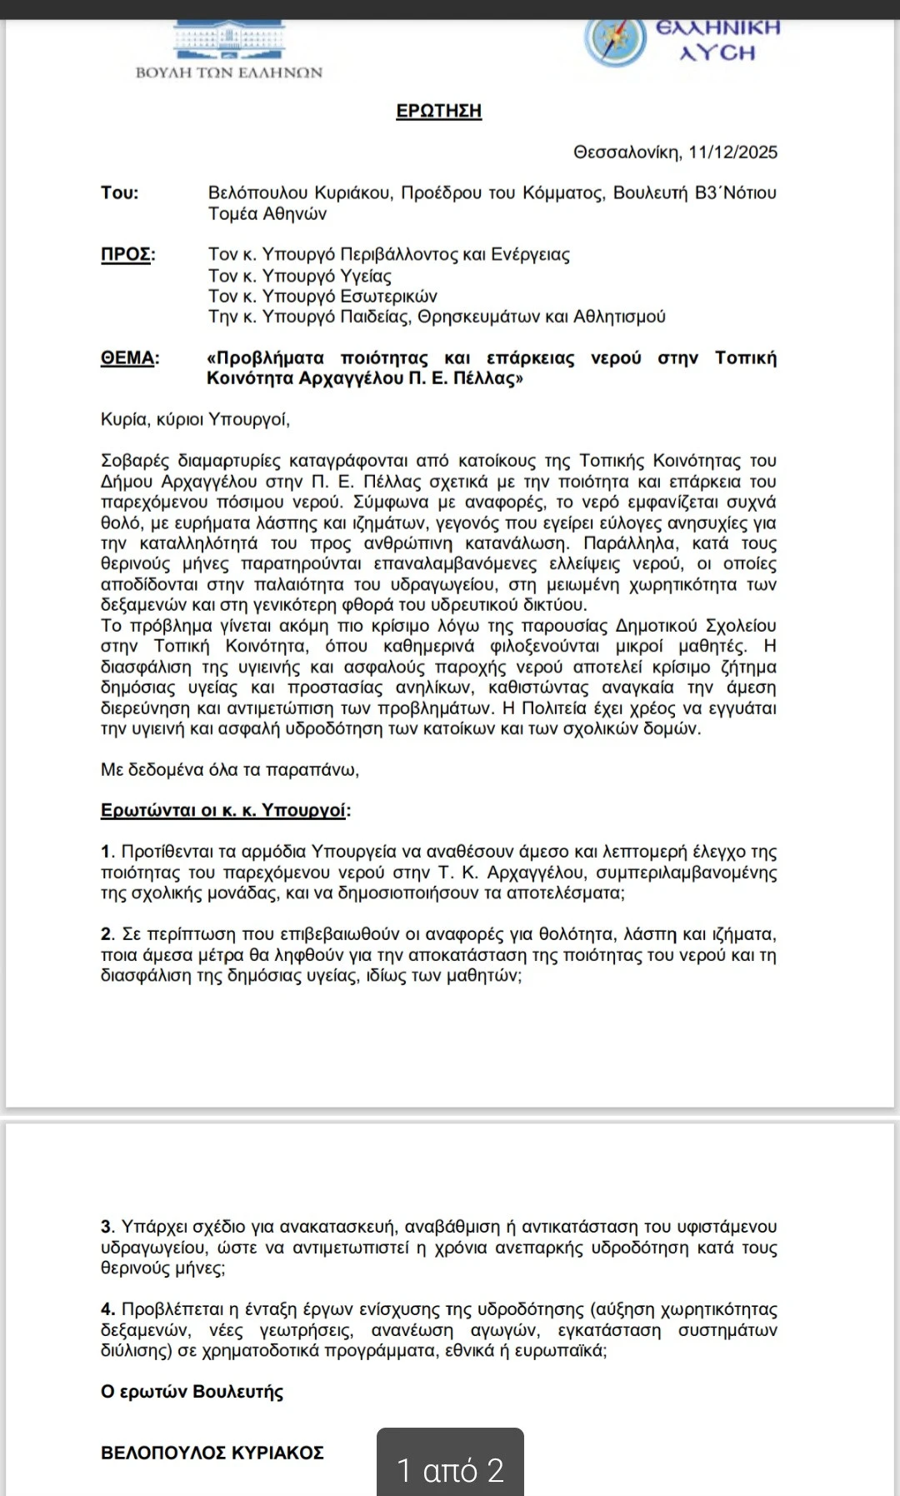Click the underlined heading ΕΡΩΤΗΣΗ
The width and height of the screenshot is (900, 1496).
click(x=438, y=111)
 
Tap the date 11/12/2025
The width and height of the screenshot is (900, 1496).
click(x=732, y=153)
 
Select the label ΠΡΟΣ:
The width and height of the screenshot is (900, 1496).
click(x=127, y=254)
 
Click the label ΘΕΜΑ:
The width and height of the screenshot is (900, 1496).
click(x=129, y=358)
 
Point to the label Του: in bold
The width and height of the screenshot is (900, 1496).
click(x=120, y=193)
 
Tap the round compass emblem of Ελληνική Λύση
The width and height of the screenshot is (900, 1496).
click(x=615, y=40)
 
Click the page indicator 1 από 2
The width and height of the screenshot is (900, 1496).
click(x=450, y=1469)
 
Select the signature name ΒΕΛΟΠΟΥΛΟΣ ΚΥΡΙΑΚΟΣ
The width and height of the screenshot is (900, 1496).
click(x=212, y=1453)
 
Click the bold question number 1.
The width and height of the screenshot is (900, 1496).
click(x=107, y=852)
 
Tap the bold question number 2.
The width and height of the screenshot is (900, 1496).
click(x=107, y=934)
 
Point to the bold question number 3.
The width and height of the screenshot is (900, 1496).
click(x=107, y=1227)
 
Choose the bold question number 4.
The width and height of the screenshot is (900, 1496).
click(x=107, y=1309)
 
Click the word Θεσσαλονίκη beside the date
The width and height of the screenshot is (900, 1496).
click(x=627, y=153)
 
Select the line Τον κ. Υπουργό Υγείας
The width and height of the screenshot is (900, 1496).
click(x=299, y=276)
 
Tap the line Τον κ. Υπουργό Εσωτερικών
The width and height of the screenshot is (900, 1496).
click(x=322, y=297)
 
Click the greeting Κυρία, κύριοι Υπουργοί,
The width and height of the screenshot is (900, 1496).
click(x=195, y=419)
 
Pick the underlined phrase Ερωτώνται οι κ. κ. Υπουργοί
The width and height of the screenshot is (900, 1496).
click(x=223, y=811)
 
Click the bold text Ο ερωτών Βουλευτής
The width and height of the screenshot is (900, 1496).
click(x=192, y=1392)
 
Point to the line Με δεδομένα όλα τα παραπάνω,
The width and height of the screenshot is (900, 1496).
click(x=229, y=770)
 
